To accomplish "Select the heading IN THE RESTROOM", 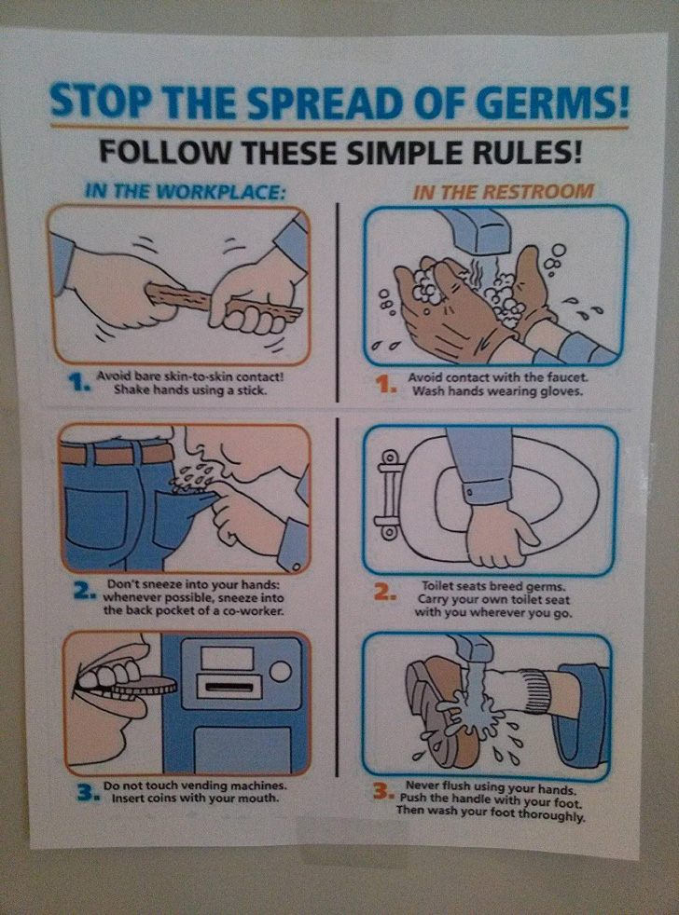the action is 503,191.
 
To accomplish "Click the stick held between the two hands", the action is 222,302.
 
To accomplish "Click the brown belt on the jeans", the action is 117,454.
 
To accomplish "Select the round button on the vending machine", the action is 281,672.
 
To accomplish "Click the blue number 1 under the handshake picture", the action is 79,383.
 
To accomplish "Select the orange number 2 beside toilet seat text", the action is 385,593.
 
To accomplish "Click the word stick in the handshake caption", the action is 252,389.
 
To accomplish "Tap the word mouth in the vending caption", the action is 259,797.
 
